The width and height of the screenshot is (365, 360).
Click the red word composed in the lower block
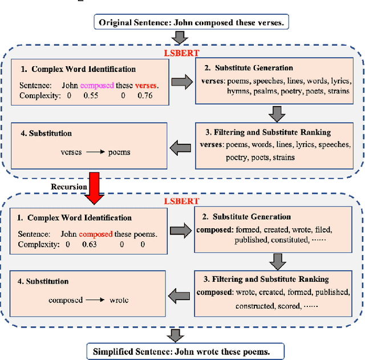95,234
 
